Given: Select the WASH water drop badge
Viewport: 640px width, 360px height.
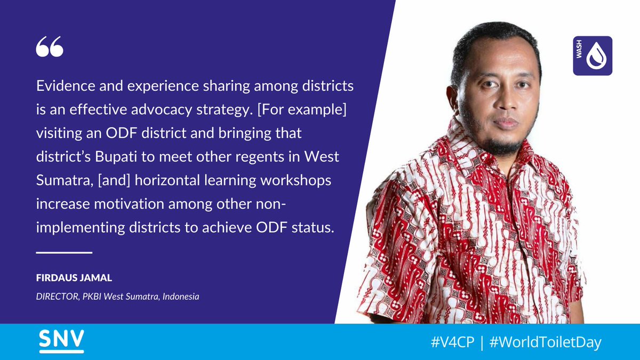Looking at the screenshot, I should tap(593, 56).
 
